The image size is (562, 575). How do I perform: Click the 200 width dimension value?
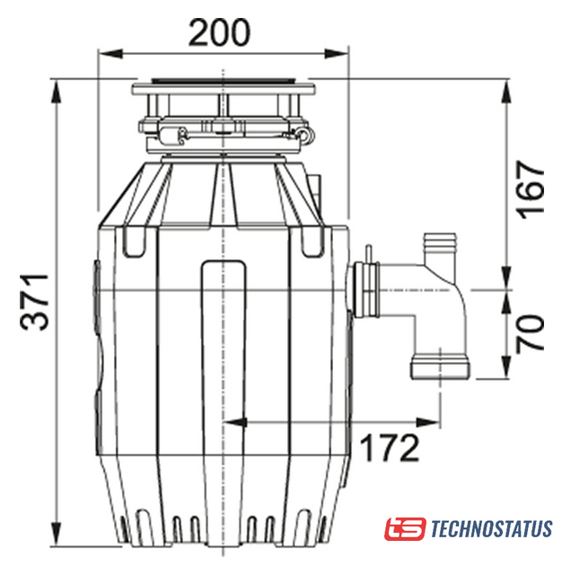pyautogui.click(x=219, y=32)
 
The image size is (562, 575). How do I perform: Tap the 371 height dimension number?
pyautogui.click(x=34, y=302)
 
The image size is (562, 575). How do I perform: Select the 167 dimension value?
pyautogui.click(x=530, y=190)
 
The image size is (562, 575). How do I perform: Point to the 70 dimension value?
pyautogui.click(x=530, y=333)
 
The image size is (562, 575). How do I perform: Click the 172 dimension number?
pyautogui.click(x=389, y=447)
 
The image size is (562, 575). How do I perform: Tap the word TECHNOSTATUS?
pyautogui.click(x=491, y=528)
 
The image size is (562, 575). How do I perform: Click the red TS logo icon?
pyautogui.click(x=405, y=528)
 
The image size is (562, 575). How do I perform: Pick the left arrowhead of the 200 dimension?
pyautogui.click(x=110, y=54)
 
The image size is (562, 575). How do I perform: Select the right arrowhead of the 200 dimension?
pyautogui.click(x=336, y=54)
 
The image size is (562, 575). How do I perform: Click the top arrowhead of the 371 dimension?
pyautogui.click(x=56, y=92)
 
